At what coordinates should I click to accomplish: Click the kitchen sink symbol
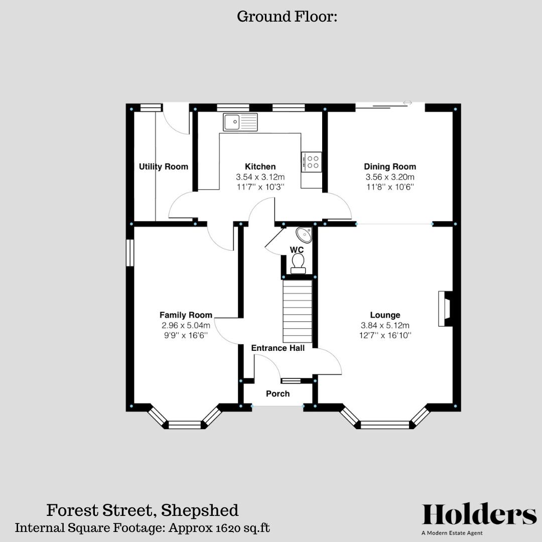240,122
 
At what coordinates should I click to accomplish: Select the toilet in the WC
298,263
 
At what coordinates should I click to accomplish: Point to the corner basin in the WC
303,234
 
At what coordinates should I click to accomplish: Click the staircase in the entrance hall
298,311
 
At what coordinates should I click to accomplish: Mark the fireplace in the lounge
445,309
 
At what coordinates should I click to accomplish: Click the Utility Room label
164,167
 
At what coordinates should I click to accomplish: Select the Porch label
278,393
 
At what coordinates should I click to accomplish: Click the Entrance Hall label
278,348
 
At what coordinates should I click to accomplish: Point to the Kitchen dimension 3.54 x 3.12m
260,177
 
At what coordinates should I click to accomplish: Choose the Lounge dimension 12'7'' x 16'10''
385,335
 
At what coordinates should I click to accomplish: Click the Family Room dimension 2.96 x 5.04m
186,325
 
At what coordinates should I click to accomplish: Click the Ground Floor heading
287,17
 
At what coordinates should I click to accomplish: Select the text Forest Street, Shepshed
143,510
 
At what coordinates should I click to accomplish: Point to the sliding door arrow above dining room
408,103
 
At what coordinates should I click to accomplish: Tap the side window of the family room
129,252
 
